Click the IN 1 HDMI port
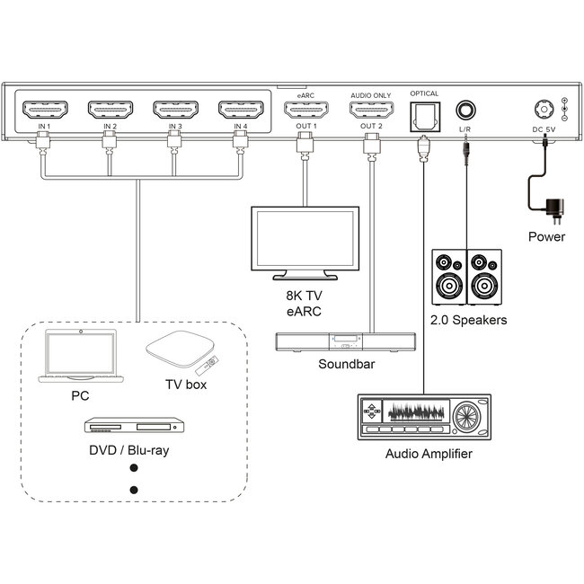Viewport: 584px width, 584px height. click(x=43, y=111)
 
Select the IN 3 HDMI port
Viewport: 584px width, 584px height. click(x=174, y=111)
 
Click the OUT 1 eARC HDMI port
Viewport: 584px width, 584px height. click(x=305, y=111)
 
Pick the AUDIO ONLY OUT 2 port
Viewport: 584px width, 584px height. click(x=371, y=111)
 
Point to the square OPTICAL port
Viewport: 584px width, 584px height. click(x=422, y=111)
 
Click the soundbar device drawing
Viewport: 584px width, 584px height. click(x=345, y=341)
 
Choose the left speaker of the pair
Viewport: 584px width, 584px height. click(x=448, y=278)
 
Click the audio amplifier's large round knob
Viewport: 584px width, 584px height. click(x=468, y=419)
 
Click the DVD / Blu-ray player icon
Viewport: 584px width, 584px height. click(x=134, y=426)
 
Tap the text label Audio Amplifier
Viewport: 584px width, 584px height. click(x=428, y=455)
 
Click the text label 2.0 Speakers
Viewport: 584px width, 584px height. click(x=468, y=320)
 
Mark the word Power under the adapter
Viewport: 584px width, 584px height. click(x=546, y=237)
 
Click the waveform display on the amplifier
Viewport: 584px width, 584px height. click(x=416, y=414)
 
